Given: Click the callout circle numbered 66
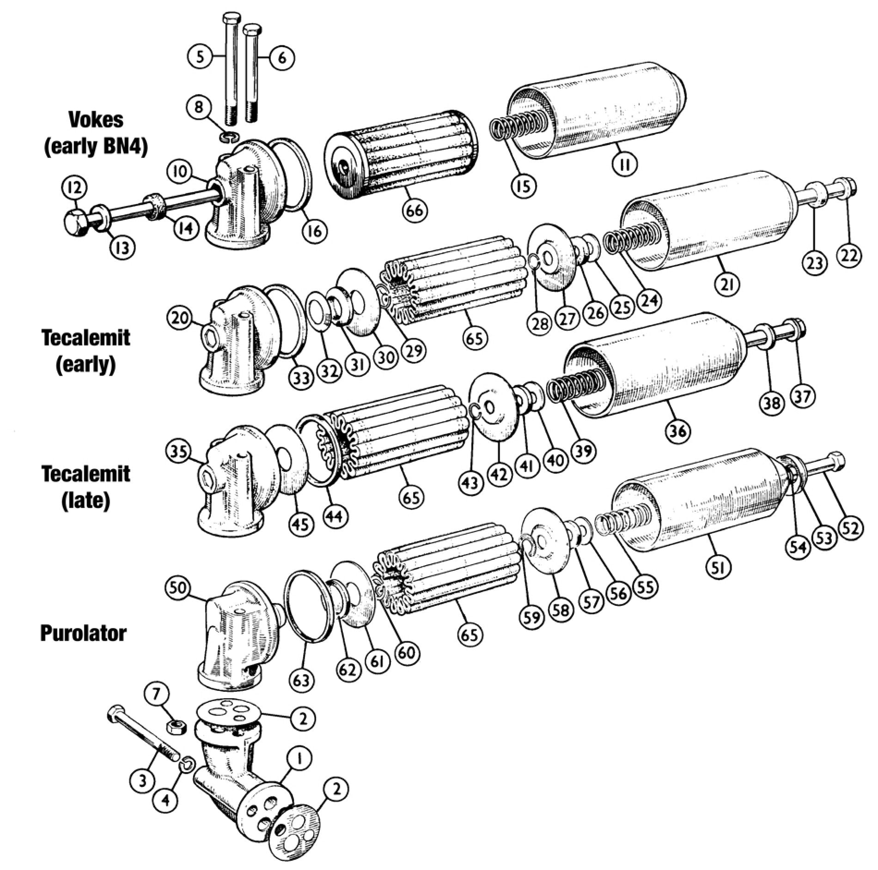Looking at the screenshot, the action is pos(415,211).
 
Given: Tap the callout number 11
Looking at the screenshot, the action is pos(625,163).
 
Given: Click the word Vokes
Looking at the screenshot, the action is pos(96,120).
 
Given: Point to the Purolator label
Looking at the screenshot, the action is pos(83,633).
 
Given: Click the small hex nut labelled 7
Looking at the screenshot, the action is pos(176,727).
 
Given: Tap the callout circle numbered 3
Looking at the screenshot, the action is pos(142,780).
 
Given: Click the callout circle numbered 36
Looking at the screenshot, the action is pos(678,431).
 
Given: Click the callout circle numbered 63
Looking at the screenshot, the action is pos(301,680).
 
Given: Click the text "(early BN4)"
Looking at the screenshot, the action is pos(96,148).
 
